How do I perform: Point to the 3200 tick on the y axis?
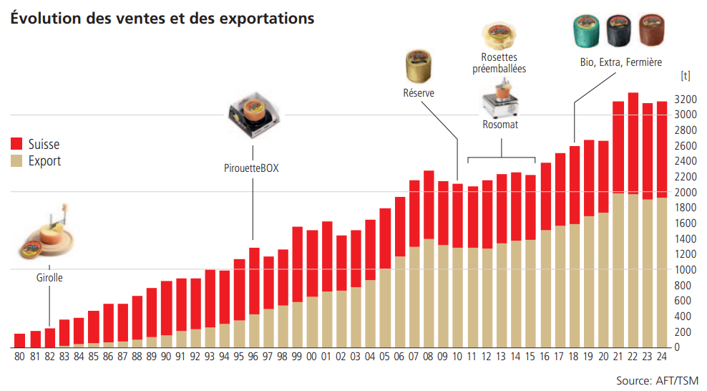tap(686, 99)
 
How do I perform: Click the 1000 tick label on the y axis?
tap(686, 270)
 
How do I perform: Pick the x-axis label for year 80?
tap(20, 356)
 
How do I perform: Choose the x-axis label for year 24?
tap(662, 356)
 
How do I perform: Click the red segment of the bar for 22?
tap(632, 143)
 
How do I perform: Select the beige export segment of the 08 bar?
tap(429, 293)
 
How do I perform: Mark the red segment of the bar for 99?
tap(297, 264)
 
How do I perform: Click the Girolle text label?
tap(49, 278)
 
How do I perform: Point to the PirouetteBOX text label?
tap(251, 169)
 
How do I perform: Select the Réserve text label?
tap(419, 93)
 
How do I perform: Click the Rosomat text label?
tap(500, 125)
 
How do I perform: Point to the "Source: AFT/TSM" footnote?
tap(657, 380)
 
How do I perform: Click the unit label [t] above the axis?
tap(685, 74)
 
